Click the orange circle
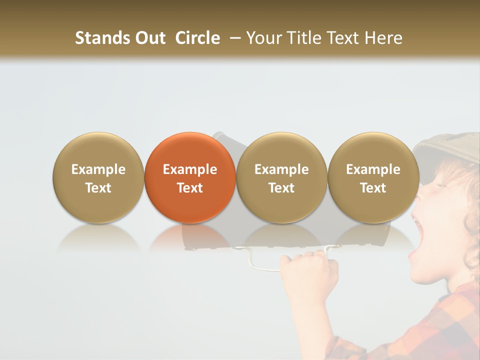(190, 177)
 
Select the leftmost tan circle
(98, 177)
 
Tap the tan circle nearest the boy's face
(373, 177)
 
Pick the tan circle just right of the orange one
(281, 177)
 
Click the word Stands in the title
(101, 38)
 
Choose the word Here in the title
(382, 38)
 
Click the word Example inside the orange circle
(190, 169)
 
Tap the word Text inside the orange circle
(190, 188)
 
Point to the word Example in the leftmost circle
(98, 169)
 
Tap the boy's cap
(447, 147)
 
